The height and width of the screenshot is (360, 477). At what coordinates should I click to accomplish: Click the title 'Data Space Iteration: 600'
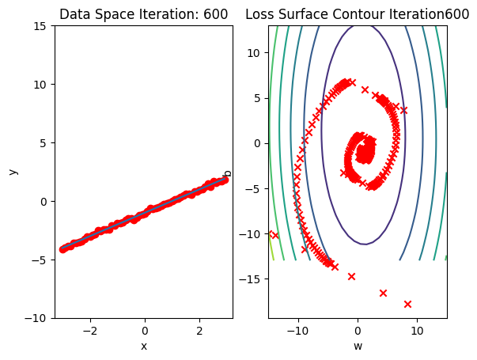click(x=143, y=14)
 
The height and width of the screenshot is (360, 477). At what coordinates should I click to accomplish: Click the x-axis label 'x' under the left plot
click(x=144, y=346)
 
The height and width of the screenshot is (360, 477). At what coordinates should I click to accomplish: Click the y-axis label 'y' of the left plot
click(x=13, y=172)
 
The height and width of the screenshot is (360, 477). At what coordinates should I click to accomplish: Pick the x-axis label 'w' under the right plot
click(x=358, y=346)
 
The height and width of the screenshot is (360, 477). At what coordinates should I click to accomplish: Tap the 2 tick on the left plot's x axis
click(x=199, y=330)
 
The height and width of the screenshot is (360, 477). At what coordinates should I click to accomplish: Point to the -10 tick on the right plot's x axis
click(x=297, y=330)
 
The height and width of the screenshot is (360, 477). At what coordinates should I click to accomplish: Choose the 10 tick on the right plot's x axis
click(x=417, y=330)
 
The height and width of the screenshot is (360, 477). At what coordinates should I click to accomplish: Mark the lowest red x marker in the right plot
click(x=408, y=304)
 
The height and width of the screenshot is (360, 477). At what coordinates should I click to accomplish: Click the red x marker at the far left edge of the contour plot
click(x=274, y=235)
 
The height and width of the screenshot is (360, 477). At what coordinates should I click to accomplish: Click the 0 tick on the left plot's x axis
click(x=145, y=330)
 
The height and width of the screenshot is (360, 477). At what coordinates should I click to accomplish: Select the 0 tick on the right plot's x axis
click(x=358, y=330)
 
